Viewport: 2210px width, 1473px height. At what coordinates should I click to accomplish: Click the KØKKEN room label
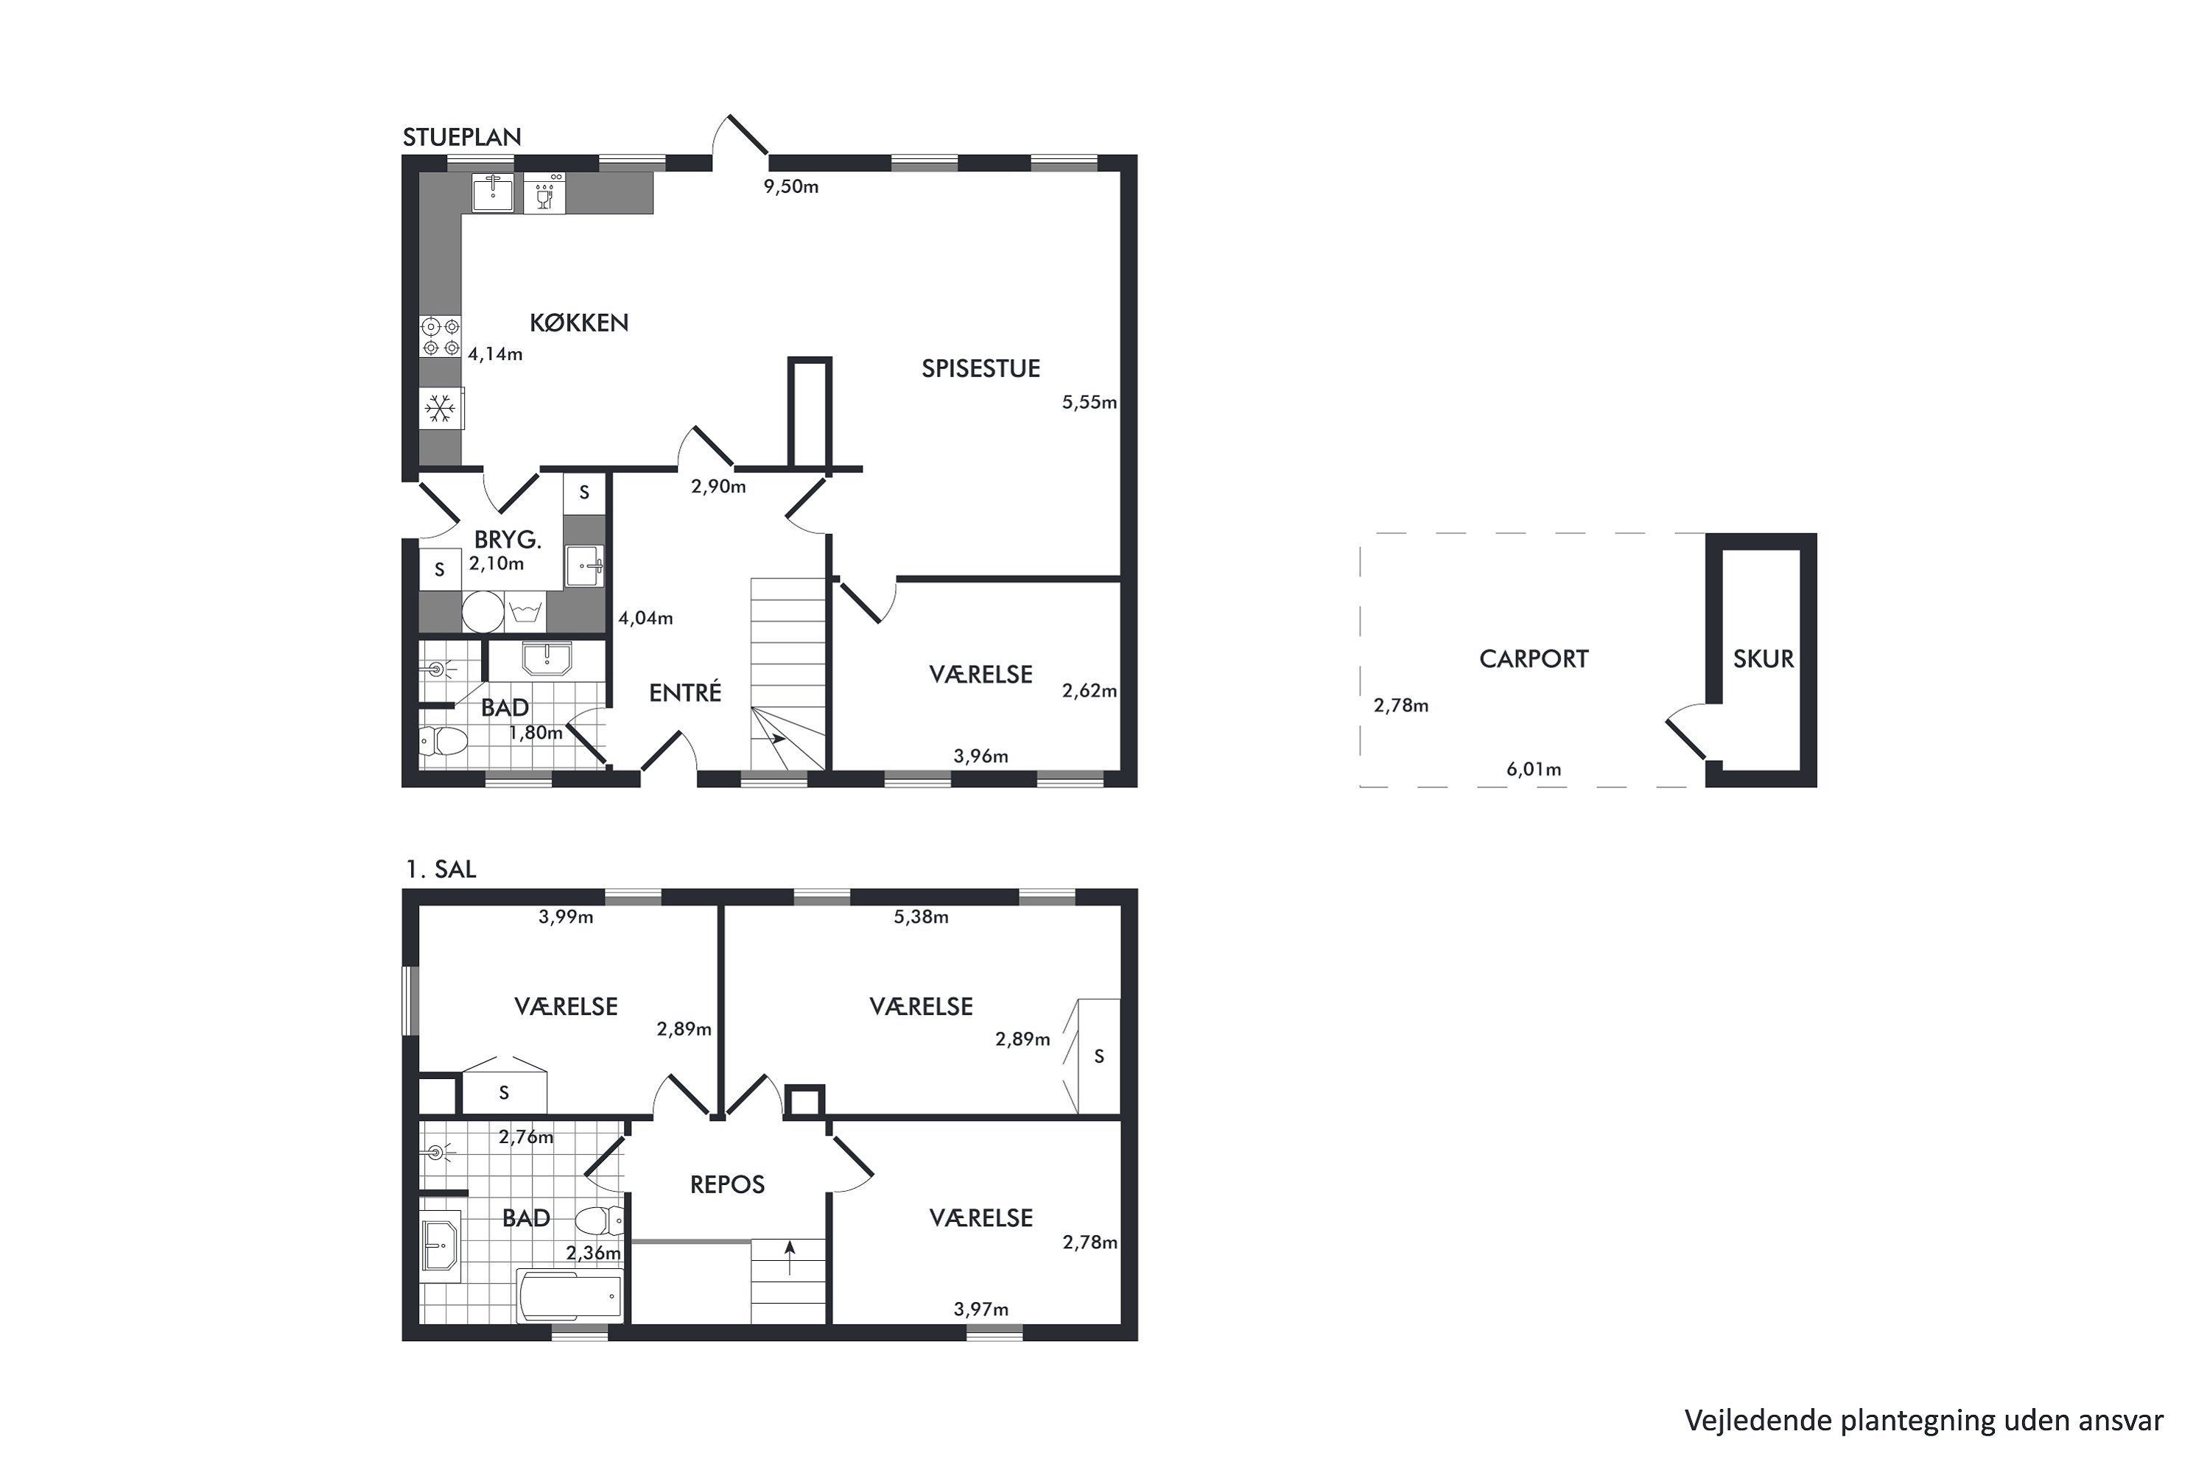579,323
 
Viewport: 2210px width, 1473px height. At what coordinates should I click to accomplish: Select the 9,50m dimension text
791,186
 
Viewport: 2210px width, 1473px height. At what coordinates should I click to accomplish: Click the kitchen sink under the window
492,192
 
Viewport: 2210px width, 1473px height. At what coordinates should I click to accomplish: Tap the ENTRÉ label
685,692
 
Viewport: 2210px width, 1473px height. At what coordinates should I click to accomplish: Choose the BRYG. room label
508,540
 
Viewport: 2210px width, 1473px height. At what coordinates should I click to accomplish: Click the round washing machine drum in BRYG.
483,611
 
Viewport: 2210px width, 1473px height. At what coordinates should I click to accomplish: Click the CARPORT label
1534,658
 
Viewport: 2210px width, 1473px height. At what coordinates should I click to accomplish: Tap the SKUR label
1763,658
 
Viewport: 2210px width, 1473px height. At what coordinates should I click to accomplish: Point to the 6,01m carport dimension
1534,770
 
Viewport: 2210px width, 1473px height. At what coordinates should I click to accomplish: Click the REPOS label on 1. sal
727,1184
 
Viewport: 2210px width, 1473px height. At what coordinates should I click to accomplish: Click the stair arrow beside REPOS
789,1258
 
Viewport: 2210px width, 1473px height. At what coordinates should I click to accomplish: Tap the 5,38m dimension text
921,917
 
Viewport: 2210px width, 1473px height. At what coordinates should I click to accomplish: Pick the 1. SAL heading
441,869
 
